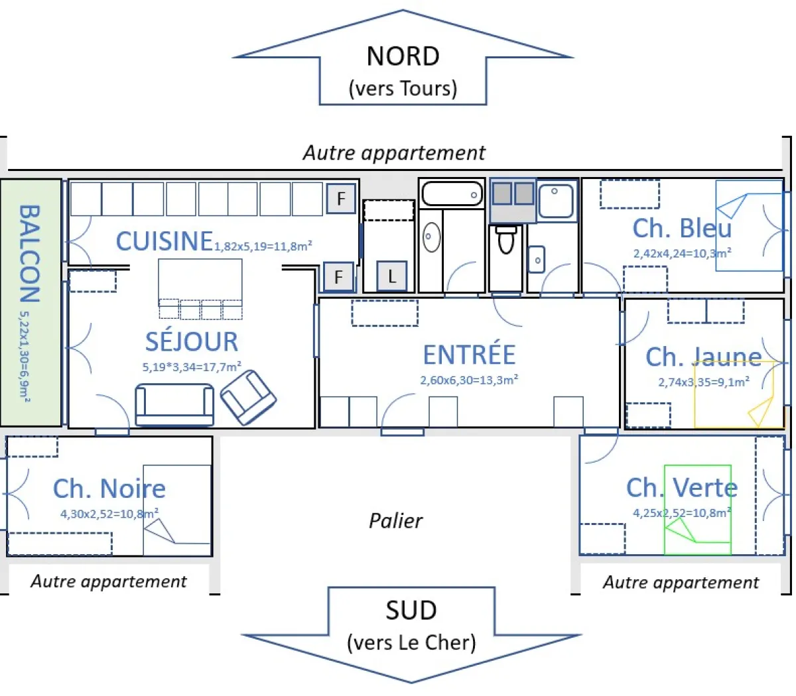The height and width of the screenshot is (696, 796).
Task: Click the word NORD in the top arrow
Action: pos(403,56)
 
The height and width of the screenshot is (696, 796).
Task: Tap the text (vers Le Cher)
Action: pos(411,642)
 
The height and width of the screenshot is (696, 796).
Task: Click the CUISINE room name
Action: pos(164,241)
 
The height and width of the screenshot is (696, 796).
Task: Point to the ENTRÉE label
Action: pos(469,355)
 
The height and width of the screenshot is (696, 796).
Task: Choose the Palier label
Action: pos(395,521)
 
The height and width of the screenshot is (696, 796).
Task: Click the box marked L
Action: pos(391,276)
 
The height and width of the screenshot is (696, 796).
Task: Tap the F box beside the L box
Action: pos(338,276)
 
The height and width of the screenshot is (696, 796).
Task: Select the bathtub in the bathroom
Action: pos(452,194)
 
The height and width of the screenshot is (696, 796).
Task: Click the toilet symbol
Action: pos(506,239)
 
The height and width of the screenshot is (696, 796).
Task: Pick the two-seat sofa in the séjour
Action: pos(174,404)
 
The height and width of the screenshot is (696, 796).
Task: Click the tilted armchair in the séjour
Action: pos(248,397)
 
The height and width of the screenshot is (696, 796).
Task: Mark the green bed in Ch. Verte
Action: pos(697,510)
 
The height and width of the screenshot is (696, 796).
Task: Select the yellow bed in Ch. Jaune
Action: pos(738,394)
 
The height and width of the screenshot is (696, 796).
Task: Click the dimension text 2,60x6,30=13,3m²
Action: pos(469,380)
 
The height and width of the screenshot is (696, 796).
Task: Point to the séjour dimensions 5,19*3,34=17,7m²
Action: pos(192,367)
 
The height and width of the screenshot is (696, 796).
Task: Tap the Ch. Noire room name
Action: pos(109,489)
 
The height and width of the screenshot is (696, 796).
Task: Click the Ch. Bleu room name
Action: pos(682,229)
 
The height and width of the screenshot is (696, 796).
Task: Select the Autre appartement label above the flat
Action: pos(394,153)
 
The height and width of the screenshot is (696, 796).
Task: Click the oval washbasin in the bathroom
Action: pos(431,237)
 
